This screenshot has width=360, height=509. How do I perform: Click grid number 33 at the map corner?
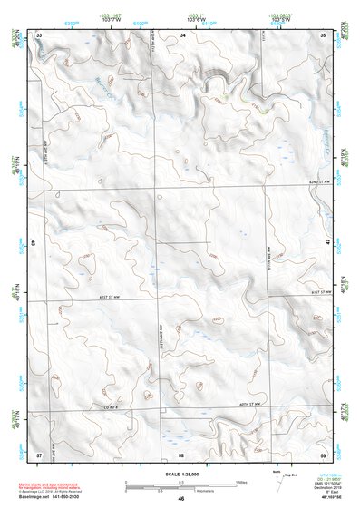click(x=39, y=34)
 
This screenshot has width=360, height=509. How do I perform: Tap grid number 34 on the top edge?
click(x=182, y=34)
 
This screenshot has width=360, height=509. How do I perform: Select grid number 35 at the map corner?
click(x=323, y=34)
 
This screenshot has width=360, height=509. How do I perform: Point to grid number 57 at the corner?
click(x=39, y=454)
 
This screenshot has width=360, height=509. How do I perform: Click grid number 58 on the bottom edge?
click(x=181, y=454)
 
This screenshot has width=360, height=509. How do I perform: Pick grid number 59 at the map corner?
click(x=323, y=454)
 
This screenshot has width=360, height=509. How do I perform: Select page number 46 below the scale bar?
click(x=181, y=499)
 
